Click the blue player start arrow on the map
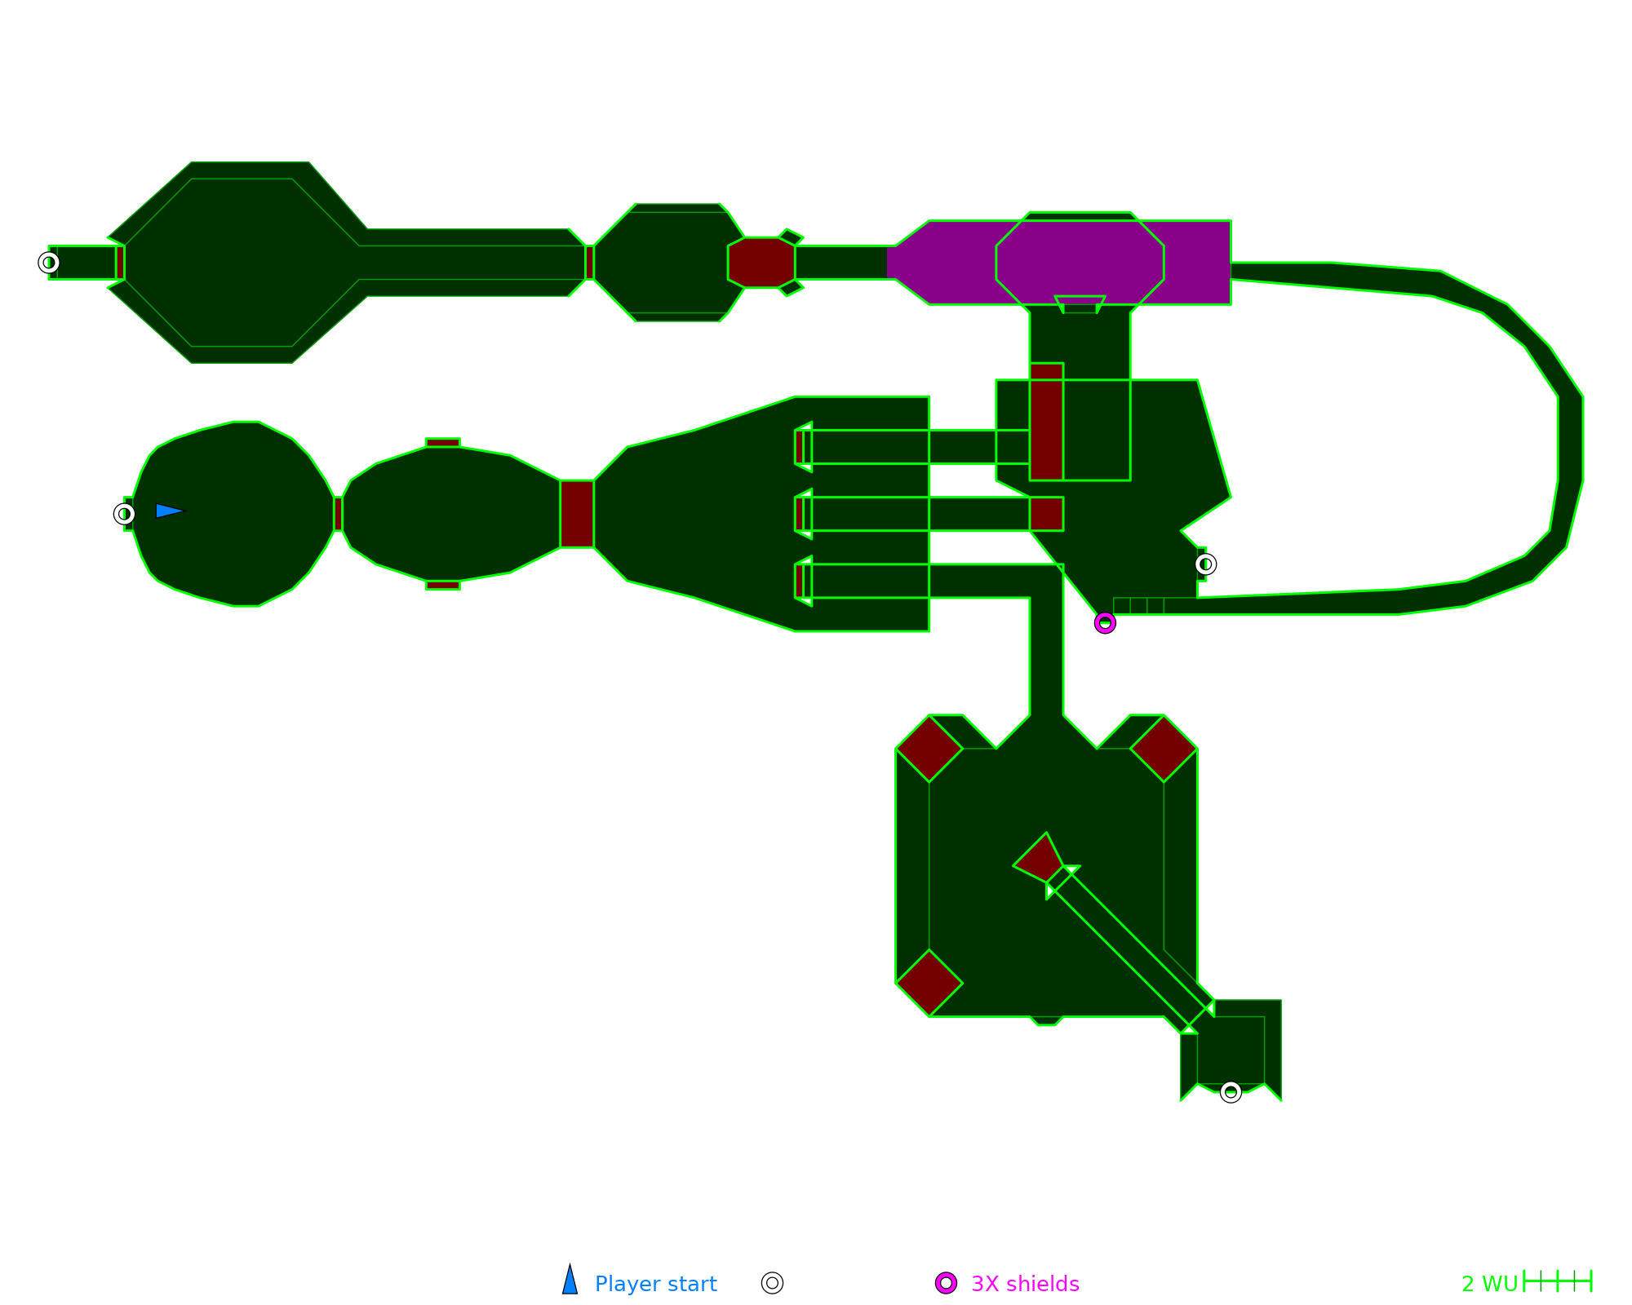(x=169, y=511)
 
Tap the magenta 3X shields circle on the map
(x=1105, y=623)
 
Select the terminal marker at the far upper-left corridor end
(x=49, y=263)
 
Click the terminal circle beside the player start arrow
(x=124, y=514)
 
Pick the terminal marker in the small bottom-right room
(x=1231, y=1092)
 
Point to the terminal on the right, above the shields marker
(x=1205, y=564)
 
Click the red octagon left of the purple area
(x=761, y=263)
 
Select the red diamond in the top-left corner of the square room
(x=929, y=749)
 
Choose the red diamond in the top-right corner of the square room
(x=1164, y=749)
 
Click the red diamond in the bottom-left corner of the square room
(x=929, y=983)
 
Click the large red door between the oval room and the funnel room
(x=577, y=514)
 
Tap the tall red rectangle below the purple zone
(x=1046, y=422)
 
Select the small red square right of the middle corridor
(x=1046, y=514)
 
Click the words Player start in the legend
(x=656, y=1284)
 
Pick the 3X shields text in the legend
(x=1025, y=1284)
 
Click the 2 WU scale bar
(x=1557, y=1281)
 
